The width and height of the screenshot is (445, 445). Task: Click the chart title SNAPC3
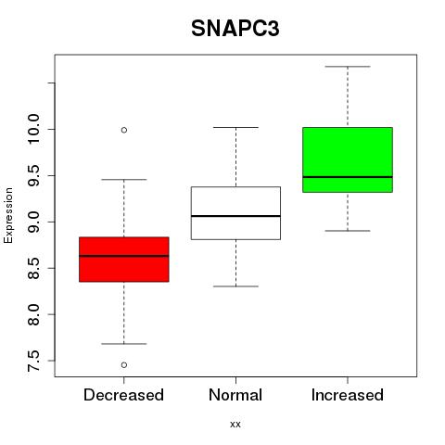235,29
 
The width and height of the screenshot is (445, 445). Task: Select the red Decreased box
124,260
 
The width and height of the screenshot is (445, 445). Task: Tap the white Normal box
235,213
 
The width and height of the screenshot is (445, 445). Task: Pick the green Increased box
348,159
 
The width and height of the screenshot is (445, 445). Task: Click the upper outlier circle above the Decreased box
124,130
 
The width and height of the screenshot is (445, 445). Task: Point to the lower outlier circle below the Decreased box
124,365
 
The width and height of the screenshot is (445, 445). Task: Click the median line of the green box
348,177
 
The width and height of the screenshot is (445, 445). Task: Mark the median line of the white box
235,216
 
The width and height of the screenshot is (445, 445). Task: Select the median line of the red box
124,256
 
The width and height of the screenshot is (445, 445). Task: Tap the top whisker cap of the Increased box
348,67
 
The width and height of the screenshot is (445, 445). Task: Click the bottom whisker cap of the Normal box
235,286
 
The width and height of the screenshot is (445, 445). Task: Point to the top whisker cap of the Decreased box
124,179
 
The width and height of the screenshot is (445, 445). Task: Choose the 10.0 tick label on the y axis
33,129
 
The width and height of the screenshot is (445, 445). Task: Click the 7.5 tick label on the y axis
33,361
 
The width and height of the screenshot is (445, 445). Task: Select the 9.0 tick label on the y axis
33,222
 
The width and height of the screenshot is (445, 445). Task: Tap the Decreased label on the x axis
123,395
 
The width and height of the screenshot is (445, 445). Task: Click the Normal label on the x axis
235,395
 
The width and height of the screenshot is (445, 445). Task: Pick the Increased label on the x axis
348,395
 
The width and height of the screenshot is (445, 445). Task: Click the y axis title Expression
8,215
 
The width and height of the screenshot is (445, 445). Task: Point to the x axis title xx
235,425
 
